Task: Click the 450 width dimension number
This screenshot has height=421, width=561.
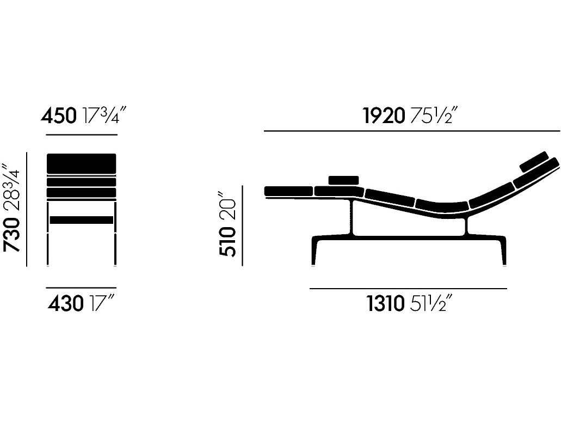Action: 59,116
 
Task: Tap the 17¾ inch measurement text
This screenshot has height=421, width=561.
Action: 105,115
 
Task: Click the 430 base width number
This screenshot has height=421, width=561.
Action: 66,304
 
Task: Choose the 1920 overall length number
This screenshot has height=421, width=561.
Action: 384,116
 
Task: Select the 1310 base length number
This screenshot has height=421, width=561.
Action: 386,304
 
